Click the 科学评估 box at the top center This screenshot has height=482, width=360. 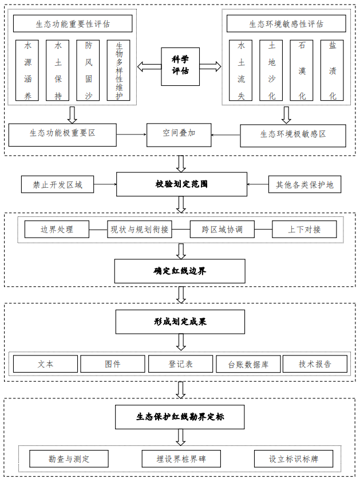coord(180,66)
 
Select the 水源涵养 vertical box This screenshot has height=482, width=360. coord(27,70)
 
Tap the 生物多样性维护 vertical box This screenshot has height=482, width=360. coord(118,70)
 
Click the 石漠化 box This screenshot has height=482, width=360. coord(302,70)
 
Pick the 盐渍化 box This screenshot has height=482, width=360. coord(332,70)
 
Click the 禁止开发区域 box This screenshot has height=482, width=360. coord(58,184)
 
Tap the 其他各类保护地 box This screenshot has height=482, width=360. coord(304,184)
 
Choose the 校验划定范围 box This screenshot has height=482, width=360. coord(181,184)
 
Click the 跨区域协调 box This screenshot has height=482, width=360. coord(222,230)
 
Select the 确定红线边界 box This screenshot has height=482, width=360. coord(180,271)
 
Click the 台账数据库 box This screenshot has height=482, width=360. coord(247,364)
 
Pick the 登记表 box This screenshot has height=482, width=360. coord(180,364)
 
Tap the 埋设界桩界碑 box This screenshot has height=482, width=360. coord(181,459)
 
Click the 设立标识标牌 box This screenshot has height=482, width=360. coord(293,459)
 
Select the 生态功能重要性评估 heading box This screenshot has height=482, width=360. coord(73,24)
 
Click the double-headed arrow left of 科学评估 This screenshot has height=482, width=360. coord(149,67)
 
